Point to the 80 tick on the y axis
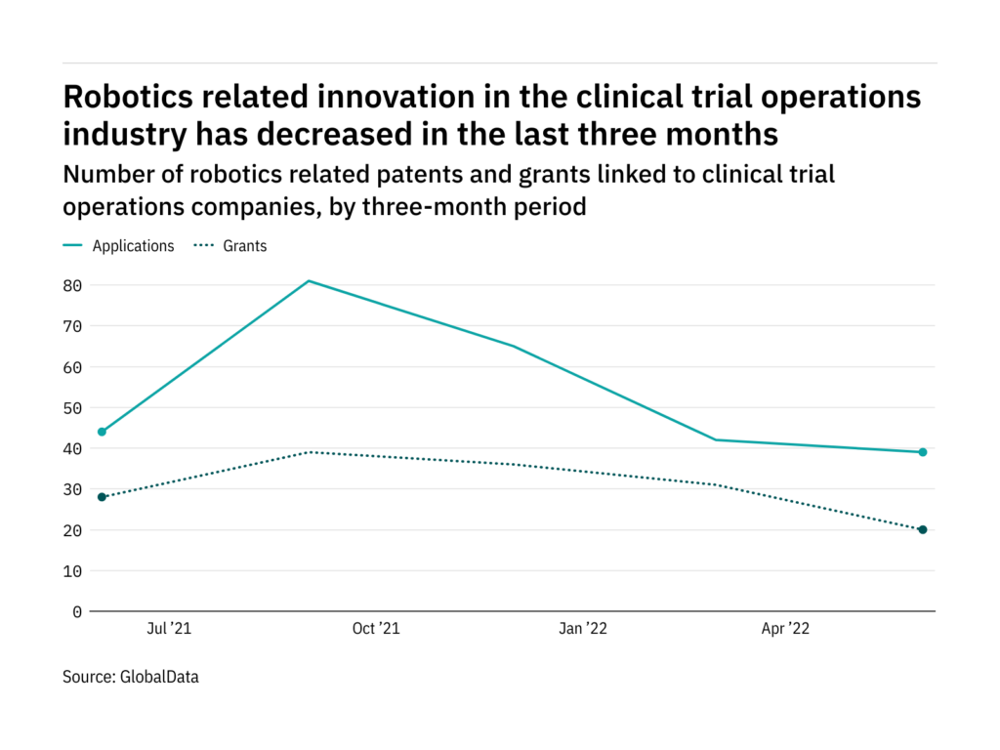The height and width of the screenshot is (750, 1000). click(x=72, y=286)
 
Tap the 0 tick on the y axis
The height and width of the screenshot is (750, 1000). click(x=77, y=612)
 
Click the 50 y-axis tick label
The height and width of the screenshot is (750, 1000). click(x=72, y=408)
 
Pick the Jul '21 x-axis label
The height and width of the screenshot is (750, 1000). click(x=169, y=629)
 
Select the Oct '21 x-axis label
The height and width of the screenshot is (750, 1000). click(x=376, y=629)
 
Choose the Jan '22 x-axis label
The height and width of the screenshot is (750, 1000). click(x=583, y=629)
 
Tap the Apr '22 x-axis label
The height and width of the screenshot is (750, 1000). click(x=785, y=629)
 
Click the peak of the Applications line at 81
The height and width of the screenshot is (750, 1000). click(x=309, y=281)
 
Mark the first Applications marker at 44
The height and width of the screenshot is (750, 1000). click(x=102, y=432)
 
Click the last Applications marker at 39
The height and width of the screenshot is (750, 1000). click(x=922, y=452)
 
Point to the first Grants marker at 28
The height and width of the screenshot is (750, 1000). click(x=102, y=497)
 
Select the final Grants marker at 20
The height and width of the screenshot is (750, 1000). click(x=922, y=529)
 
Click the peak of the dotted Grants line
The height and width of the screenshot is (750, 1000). click(x=309, y=452)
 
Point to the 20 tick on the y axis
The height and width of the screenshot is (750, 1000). click(x=72, y=530)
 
